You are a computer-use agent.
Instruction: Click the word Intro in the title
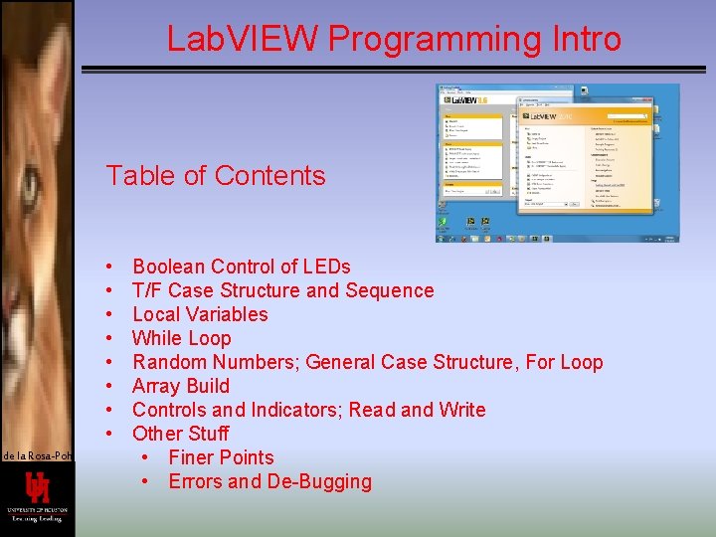click(586, 39)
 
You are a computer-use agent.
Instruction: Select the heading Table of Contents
click(216, 176)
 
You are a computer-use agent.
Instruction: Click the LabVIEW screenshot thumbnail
click(559, 163)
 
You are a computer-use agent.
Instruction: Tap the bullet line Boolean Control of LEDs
click(241, 267)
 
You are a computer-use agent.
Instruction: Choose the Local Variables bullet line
click(200, 314)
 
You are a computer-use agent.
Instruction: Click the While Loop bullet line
click(181, 338)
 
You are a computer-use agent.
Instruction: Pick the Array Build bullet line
click(181, 386)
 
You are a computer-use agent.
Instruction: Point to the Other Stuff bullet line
click(180, 434)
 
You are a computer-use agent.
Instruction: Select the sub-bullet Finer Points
click(221, 457)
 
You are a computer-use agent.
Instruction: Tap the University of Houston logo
click(37, 498)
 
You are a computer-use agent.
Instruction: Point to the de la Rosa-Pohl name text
click(36, 455)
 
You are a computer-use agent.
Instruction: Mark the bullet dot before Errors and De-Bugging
click(145, 481)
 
